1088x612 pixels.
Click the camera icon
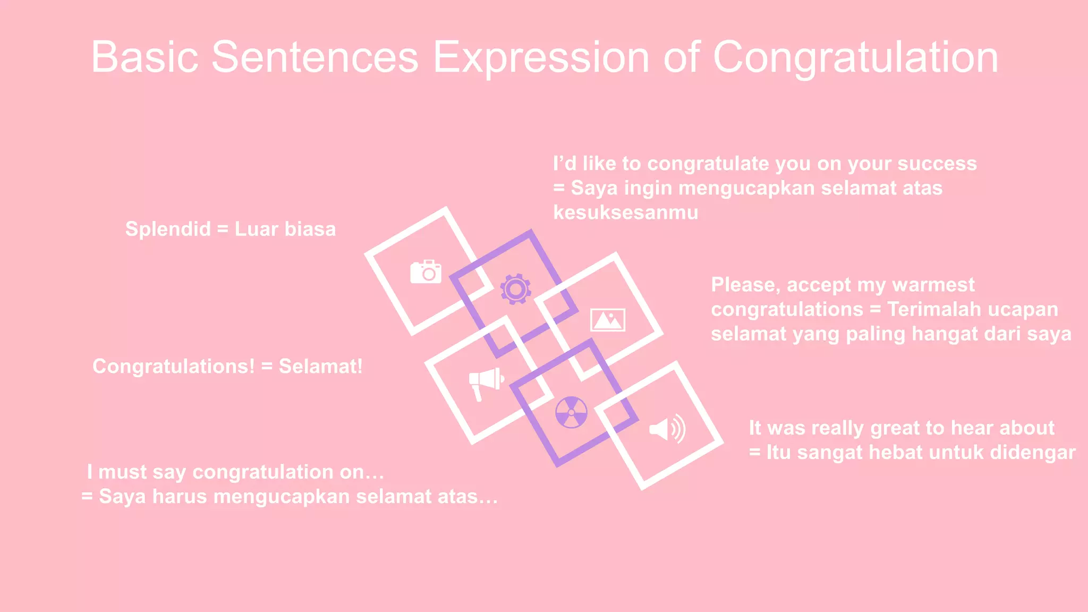click(426, 272)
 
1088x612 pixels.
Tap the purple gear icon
click(515, 289)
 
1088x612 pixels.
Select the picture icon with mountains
click(608, 320)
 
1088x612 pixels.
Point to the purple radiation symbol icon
click(571, 412)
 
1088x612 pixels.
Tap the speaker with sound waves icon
click(667, 429)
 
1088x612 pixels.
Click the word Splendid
click(168, 229)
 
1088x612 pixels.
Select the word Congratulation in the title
click(855, 57)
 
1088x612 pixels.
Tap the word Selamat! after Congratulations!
click(320, 367)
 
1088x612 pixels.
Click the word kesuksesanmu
click(626, 212)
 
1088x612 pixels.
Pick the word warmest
click(933, 285)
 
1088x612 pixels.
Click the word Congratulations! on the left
click(174, 367)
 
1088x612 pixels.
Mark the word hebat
click(895, 453)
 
